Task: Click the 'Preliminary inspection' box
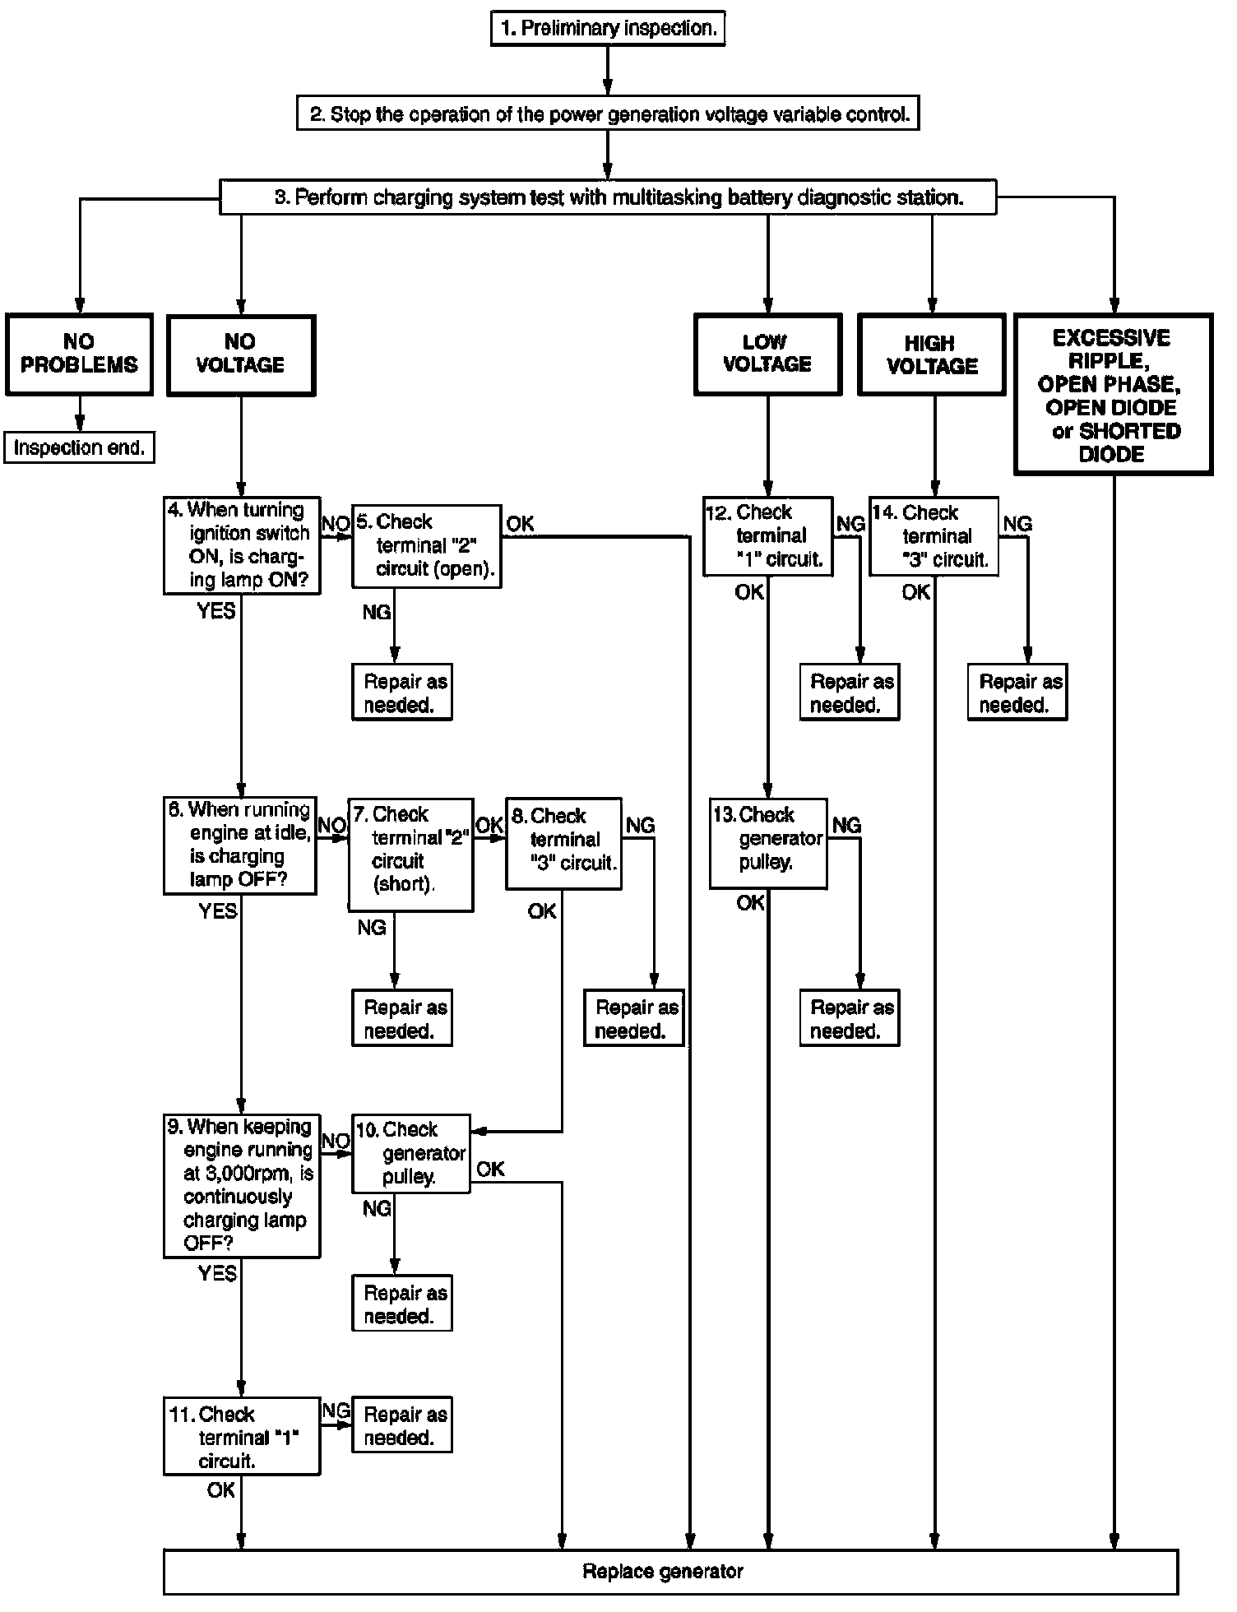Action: click(608, 29)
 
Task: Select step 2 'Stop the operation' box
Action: click(608, 114)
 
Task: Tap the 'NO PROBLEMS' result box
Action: click(79, 354)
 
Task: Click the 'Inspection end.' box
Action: click(79, 448)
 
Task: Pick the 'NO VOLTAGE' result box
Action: click(241, 354)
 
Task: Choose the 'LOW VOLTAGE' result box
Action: click(767, 354)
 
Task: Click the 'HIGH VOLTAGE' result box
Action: click(932, 354)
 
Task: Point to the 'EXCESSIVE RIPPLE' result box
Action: click(1113, 395)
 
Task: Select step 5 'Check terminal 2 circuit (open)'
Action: click(426, 546)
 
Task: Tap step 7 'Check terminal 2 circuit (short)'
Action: click(410, 854)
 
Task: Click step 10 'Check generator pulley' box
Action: click(410, 1153)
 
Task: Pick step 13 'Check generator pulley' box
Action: click(767, 842)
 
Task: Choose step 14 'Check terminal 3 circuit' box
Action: click(934, 535)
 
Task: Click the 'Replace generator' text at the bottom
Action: click(663, 1572)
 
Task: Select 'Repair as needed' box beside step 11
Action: click(402, 1425)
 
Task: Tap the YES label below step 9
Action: click(217, 1274)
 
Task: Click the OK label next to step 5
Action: click(520, 524)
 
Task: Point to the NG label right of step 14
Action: click(1017, 524)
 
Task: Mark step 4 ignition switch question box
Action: click(241, 546)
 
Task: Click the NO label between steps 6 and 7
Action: click(331, 825)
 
